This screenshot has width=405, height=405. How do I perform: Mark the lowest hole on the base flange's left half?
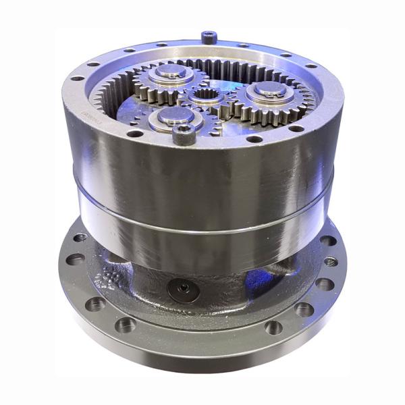(126, 324)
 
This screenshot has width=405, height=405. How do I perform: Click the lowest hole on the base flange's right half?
(273, 327)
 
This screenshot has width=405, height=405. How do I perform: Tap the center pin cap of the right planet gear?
(269, 88)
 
